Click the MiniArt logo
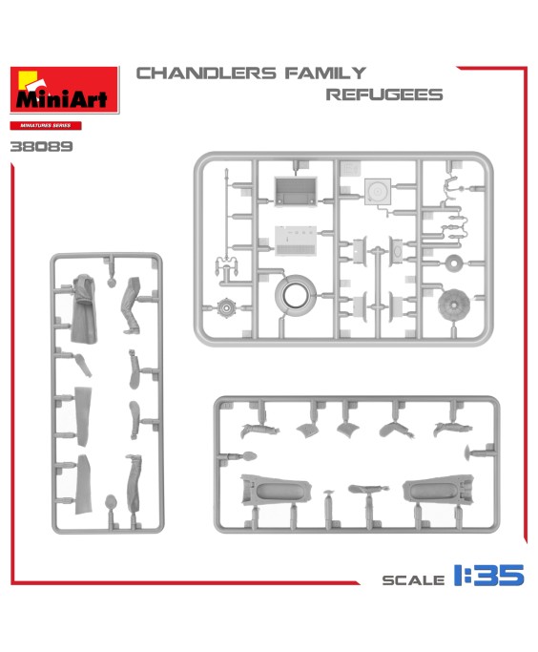pyautogui.click(x=65, y=90)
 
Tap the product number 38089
pyautogui.click(x=41, y=146)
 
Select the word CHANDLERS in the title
pyautogui.click(x=206, y=74)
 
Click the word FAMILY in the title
pyautogui.click(x=325, y=74)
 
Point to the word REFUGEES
pyautogui.click(x=384, y=95)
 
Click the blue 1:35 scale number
pyautogui.click(x=488, y=575)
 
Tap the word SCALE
pyautogui.click(x=413, y=580)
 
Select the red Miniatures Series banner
pyautogui.click(x=46, y=125)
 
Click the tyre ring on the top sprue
pyautogui.click(x=296, y=295)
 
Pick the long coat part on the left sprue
pyautogui.click(x=84, y=308)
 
